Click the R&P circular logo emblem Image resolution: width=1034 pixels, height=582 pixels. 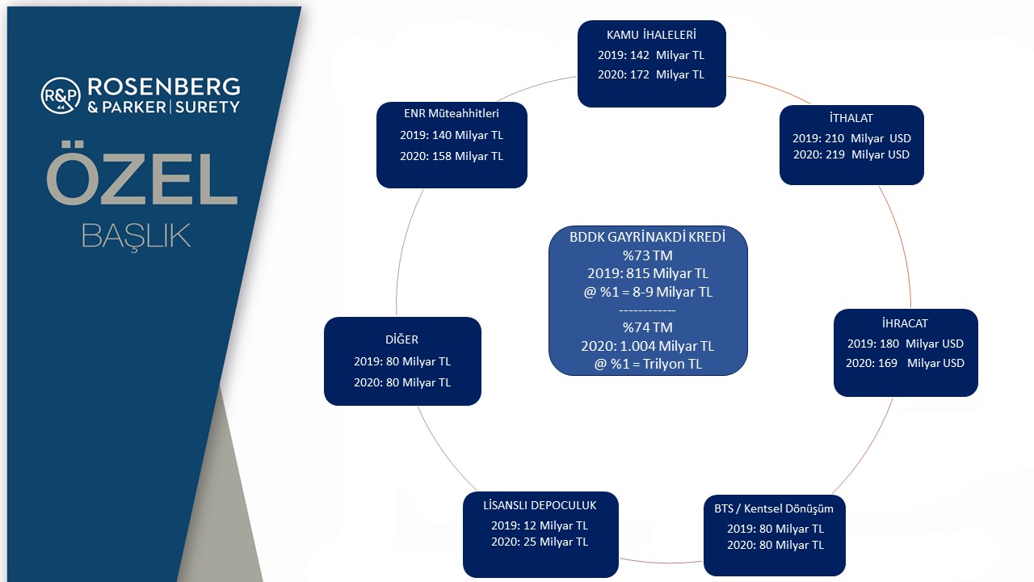[x=61, y=95]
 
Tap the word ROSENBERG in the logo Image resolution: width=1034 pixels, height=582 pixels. [x=164, y=86]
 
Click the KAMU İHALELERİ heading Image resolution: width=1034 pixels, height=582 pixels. [x=651, y=35]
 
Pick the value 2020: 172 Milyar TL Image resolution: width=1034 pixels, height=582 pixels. [x=651, y=74]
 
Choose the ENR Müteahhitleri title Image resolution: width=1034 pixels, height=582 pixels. [x=452, y=113]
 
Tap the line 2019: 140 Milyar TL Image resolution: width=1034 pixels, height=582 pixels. [x=452, y=135]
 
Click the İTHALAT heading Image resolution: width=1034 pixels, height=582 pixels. [x=851, y=118]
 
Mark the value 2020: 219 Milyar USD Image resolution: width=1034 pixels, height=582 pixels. [x=851, y=154]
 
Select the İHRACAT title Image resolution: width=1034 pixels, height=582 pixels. [x=905, y=323]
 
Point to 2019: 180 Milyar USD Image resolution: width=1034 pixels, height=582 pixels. [x=906, y=344]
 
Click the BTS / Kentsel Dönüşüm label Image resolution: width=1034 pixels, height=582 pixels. [x=774, y=508]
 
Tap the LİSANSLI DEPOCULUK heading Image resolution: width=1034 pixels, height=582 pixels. [x=540, y=505]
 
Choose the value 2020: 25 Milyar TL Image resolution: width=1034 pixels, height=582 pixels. [x=540, y=542]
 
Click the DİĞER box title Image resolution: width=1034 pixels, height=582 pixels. [x=401, y=339]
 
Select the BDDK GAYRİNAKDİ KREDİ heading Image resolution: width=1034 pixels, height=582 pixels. [x=647, y=237]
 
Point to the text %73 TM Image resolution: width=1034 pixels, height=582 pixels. [x=647, y=255]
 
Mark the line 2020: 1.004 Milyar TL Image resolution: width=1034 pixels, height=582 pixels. [x=647, y=346]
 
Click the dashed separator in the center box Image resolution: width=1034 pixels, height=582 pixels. [x=647, y=310]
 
